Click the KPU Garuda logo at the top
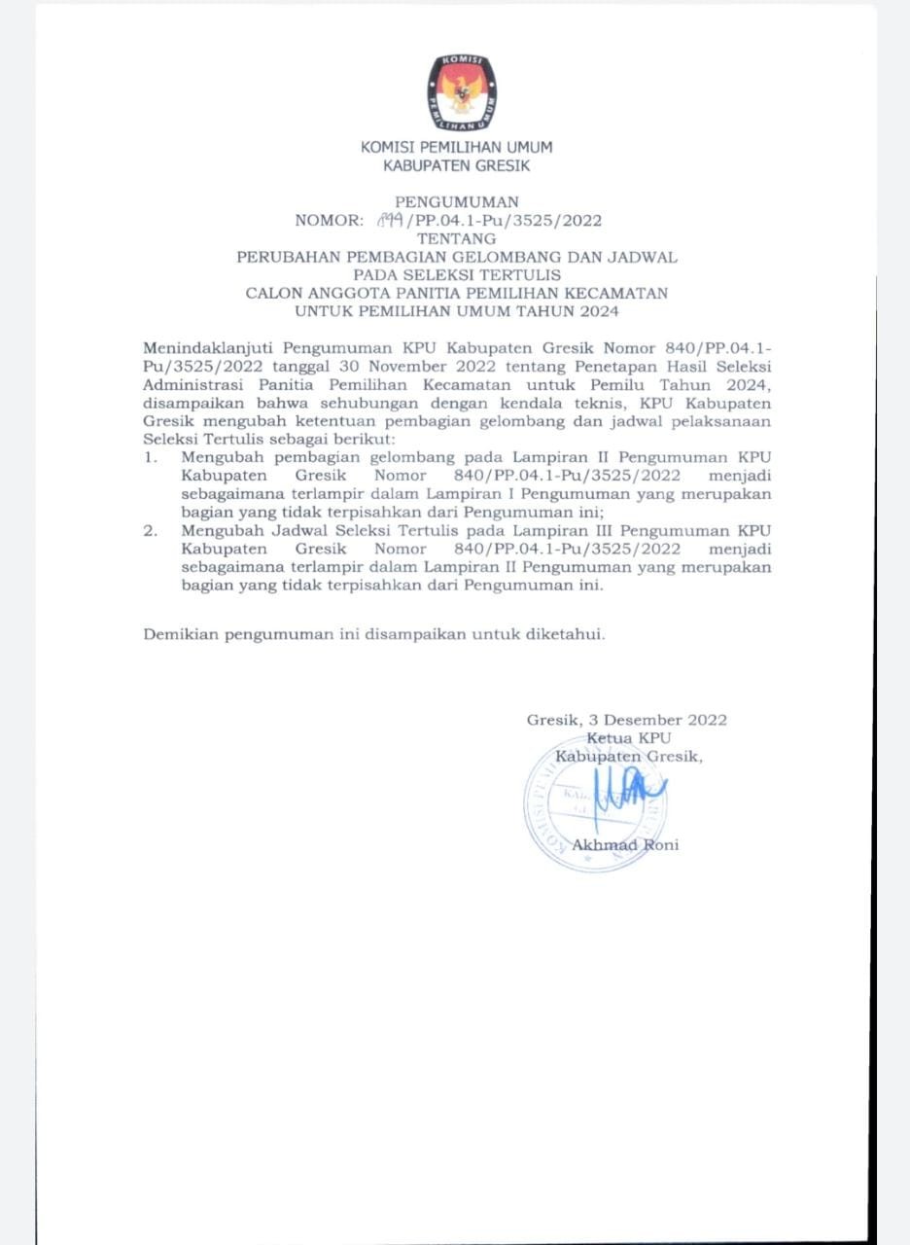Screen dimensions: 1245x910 461,93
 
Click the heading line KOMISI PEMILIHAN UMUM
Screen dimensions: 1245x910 456,148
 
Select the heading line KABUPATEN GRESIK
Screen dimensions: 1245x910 456,165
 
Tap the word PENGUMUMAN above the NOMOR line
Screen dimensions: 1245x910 456,202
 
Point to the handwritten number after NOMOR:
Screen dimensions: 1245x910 391,220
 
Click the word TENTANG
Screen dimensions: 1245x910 456,238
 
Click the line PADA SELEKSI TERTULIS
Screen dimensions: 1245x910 456,275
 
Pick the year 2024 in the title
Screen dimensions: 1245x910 598,311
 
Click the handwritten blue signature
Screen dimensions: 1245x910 633,787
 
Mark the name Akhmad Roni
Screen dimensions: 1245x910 625,844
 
